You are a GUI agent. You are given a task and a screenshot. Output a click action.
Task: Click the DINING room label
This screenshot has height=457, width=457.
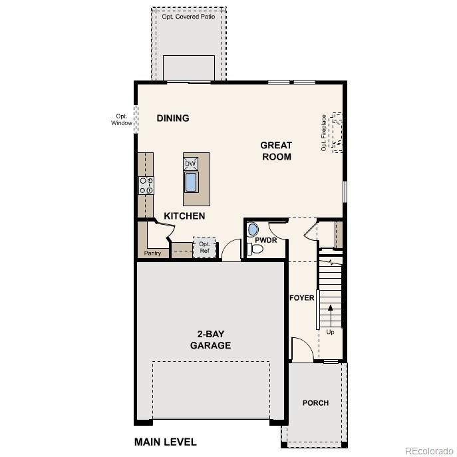pos(173,118)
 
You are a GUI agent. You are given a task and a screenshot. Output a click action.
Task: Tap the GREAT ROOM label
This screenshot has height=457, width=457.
pos(276,151)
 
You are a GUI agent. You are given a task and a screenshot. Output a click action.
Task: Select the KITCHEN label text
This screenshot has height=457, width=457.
pos(184,216)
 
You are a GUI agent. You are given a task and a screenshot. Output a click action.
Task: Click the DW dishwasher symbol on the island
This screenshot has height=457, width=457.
pos(191,163)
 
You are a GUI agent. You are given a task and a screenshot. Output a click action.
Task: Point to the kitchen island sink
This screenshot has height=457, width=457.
pos(192,182)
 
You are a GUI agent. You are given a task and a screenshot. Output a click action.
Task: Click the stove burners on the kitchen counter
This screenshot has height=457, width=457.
pos(146,186)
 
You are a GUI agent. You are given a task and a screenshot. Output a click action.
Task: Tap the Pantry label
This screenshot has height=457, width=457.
pos(152,253)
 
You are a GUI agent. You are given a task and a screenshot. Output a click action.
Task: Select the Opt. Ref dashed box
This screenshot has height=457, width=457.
pos(204,247)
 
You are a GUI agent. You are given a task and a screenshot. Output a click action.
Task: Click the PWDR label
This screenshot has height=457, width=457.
pos(266,240)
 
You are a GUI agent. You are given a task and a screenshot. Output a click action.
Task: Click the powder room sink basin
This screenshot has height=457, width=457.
pos(251,229)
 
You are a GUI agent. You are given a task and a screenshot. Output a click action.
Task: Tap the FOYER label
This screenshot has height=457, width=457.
pos(301,298)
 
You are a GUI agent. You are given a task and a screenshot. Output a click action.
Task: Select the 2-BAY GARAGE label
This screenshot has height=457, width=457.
pos(210,340)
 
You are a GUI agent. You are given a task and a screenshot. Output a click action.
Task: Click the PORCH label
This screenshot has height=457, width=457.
pos(315,403)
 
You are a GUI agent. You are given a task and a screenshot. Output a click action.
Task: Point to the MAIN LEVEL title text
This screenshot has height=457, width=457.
pos(166,442)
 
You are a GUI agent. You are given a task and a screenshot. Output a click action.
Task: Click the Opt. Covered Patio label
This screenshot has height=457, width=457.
pos(189,16)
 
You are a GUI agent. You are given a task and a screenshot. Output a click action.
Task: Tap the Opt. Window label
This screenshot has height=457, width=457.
pos(121,120)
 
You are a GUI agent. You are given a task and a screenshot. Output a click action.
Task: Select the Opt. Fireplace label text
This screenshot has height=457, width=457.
pos(324,133)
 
